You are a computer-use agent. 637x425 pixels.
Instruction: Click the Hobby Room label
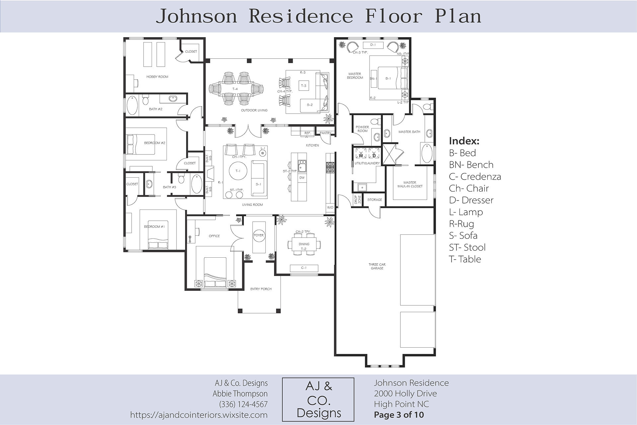click(x=157, y=77)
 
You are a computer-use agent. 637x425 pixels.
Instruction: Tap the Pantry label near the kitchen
click(x=325, y=133)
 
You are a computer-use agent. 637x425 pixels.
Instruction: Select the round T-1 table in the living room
click(x=238, y=171)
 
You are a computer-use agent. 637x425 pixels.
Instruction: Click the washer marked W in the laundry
click(x=361, y=153)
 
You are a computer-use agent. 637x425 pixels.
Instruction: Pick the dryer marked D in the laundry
click(x=374, y=153)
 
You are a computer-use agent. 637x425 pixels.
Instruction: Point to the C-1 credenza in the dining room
click(x=304, y=268)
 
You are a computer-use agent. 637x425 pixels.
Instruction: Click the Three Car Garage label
click(x=377, y=266)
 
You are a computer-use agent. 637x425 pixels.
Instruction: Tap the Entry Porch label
click(x=261, y=289)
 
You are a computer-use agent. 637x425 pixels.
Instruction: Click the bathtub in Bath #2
click(x=132, y=105)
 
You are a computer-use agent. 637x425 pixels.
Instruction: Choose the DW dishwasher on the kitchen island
click(x=302, y=178)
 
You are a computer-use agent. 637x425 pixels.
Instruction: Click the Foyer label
click(x=259, y=235)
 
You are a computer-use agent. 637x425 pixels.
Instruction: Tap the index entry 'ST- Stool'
click(x=467, y=247)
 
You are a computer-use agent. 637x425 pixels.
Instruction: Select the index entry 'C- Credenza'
click(x=475, y=177)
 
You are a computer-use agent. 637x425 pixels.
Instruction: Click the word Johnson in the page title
click(x=196, y=16)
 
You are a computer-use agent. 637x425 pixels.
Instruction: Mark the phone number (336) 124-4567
click(x=243, y=404)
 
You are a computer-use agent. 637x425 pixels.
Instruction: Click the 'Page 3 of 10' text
click(x=399, y=415)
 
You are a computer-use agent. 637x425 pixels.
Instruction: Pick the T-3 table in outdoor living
click(x=304, y=86)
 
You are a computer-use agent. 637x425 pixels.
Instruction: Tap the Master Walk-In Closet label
click(x=410, y=184)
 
